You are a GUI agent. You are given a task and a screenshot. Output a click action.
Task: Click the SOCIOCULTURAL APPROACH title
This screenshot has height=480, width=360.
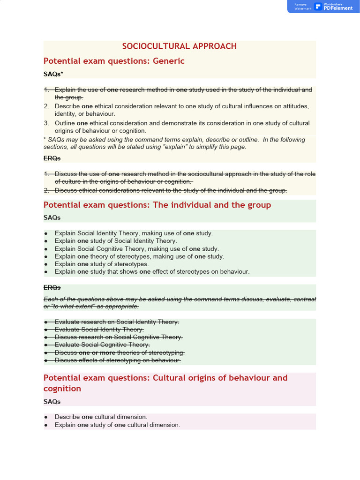[180, 46]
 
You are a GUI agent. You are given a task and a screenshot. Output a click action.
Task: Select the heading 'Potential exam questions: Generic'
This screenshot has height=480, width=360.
[114, 61]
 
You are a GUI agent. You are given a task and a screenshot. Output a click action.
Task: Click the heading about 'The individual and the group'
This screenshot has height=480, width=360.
[157, 205]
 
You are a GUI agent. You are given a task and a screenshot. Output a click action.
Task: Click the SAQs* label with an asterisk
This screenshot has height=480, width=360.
[53, 74]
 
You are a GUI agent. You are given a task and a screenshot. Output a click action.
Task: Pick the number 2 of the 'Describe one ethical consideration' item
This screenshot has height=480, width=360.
[46, 106]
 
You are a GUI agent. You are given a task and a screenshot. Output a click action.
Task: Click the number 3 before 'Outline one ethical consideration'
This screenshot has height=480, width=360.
[46, 123]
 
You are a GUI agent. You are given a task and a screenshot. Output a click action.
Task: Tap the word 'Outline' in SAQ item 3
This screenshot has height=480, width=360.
[65, 123]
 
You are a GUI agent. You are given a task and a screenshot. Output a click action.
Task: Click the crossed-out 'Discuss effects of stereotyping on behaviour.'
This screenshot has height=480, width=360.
[118, 360]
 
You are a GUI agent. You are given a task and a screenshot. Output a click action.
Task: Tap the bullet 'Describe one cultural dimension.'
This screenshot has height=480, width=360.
[101, 417]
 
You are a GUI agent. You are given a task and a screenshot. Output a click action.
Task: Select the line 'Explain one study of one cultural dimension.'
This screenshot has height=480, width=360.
[117, 425]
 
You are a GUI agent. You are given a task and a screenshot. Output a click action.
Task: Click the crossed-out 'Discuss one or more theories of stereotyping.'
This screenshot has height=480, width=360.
[120, 352]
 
